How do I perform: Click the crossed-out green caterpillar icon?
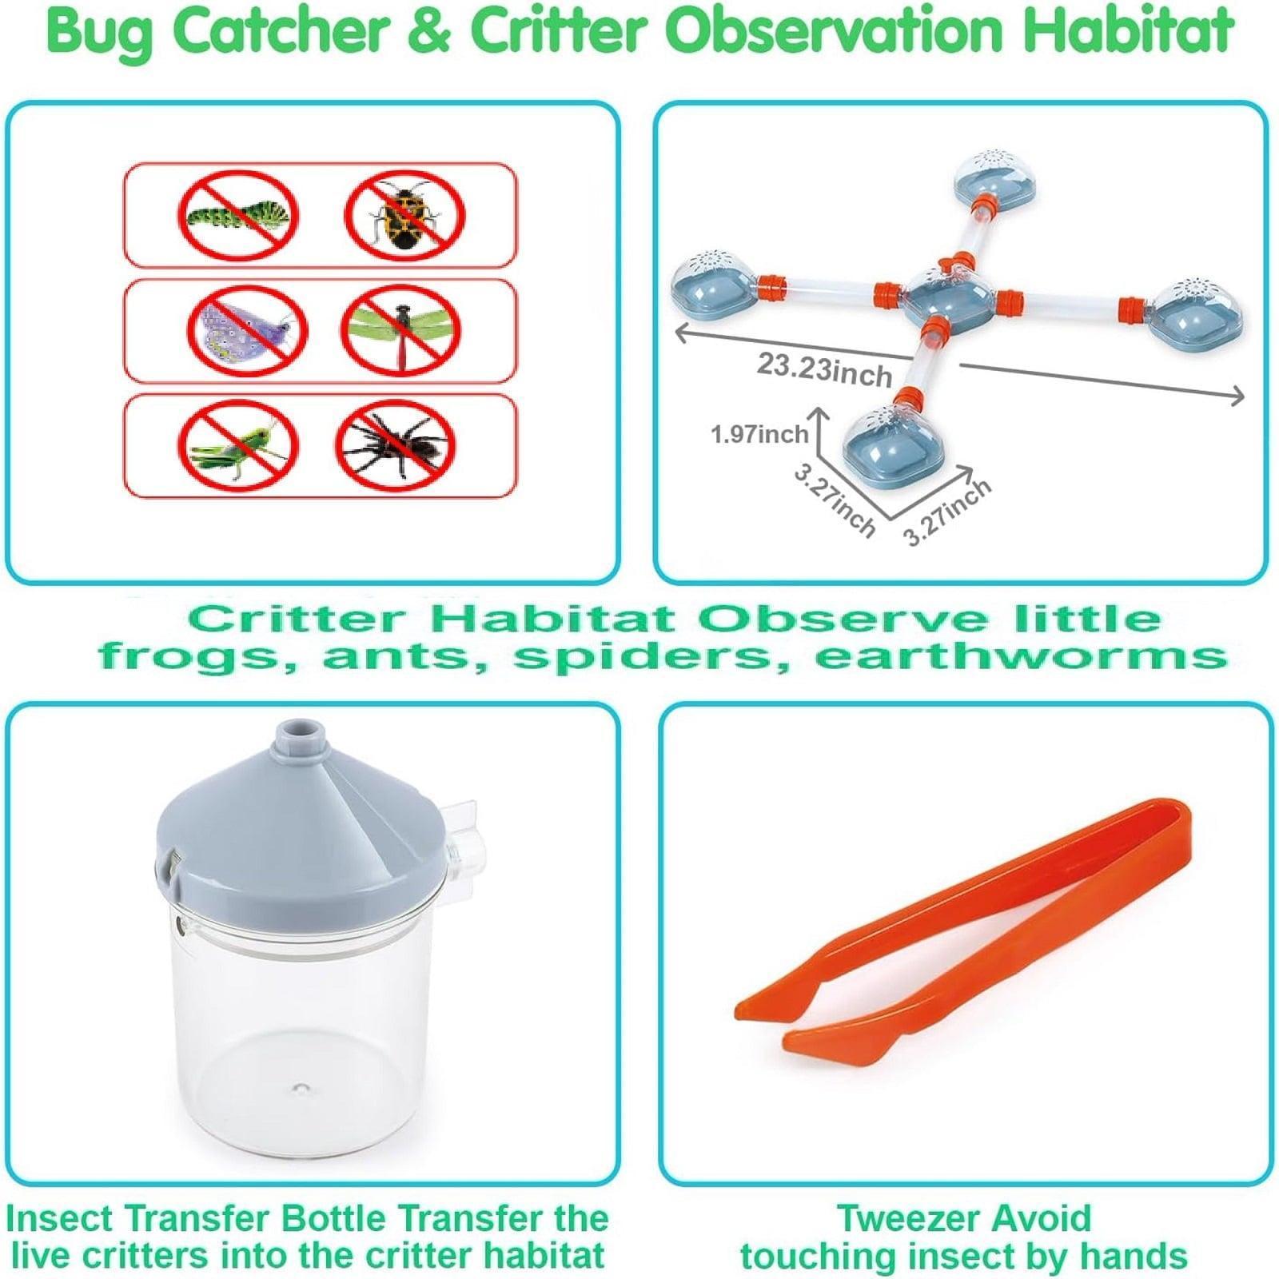(x=238, y=215)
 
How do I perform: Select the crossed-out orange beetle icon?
(x=405, y=215)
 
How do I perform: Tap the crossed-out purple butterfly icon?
(x=247, y=329)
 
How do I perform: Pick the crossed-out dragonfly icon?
(x=401, y=329)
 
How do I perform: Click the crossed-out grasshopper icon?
(x=238, y=445)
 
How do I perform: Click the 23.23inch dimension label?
(x=824, y=370)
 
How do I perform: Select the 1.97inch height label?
(x=759, y=435)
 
